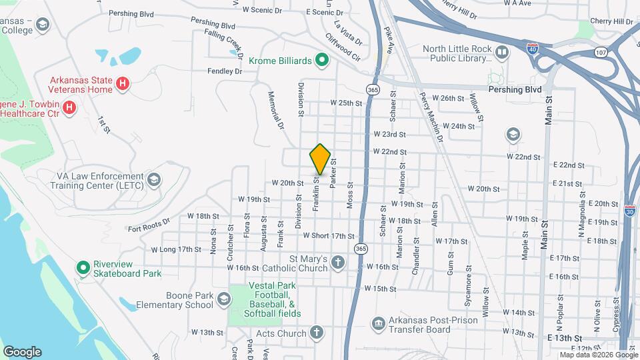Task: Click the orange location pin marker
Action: coord(320,159)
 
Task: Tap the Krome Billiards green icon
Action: coord(322,61)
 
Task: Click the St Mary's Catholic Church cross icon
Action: coord(338,263)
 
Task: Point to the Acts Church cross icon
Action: coord(316,333)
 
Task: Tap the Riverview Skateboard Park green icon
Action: coord(83,268)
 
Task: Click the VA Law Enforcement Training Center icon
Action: coord(155,180)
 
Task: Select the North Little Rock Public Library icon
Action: coord(501,52)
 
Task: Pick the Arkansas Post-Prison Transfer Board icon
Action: coord(379,325)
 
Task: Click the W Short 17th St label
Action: coord(328,235)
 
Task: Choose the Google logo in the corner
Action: coord(22,351)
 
